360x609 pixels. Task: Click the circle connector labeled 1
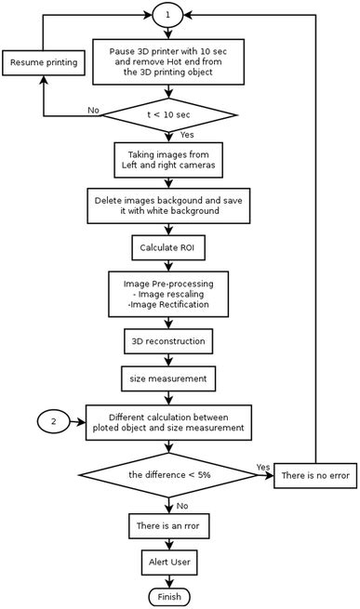[167, 15]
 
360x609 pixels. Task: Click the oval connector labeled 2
[54, 421]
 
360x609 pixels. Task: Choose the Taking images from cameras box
[167, 159]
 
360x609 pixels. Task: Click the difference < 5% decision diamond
[167, 475]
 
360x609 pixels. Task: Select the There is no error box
[316, 475]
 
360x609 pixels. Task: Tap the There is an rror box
[167, 528]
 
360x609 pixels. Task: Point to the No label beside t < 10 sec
[93, 110]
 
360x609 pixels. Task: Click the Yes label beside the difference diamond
[261, 467]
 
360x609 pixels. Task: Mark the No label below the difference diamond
[181, 506]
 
